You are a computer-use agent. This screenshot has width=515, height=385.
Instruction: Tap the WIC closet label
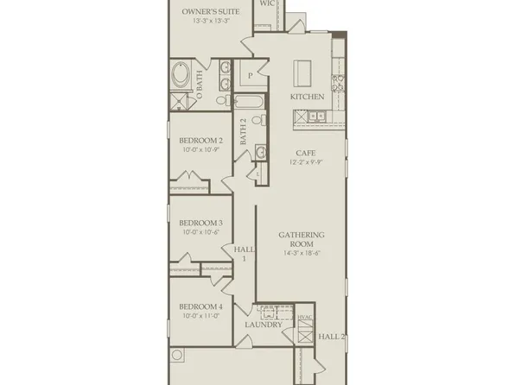click(x=269, y=3)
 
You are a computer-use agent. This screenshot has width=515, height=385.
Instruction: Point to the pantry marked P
click(x=250, y=76)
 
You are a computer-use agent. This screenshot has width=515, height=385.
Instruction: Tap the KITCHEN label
click(x=307, y=97)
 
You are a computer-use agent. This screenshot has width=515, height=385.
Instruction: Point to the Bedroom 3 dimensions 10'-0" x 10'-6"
click(x=201, y=231)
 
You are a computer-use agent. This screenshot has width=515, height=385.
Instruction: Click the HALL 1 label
click(x=244, y=253)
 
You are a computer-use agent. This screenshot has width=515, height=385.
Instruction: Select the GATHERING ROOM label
click(x=302, y=239)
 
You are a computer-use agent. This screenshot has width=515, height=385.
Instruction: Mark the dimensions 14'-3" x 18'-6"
click(x=302, y=253)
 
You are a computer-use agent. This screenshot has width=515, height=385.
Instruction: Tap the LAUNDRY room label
click(x=263, y=325)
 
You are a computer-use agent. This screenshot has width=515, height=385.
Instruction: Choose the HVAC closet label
click(x=304, y=318)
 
